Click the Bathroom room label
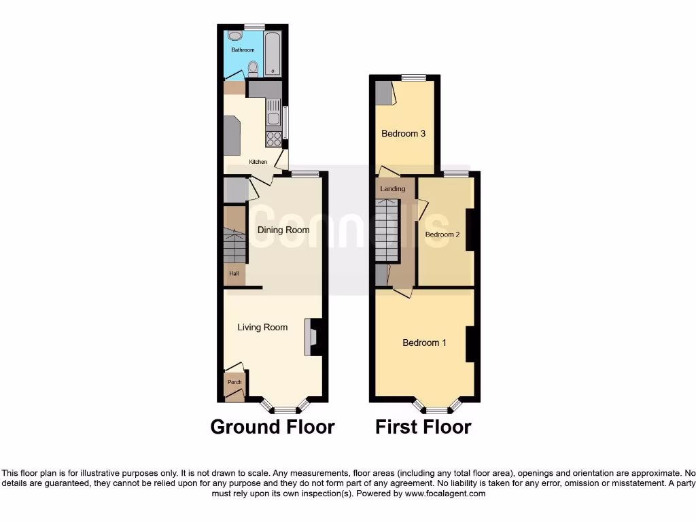click(243, 50)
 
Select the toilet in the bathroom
click(253, 67)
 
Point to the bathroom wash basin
click(234, 35)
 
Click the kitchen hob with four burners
click(274, 139)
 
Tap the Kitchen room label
click(258, 162)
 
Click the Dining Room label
click(283, 230)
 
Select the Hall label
click(234, 274)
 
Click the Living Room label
click(262, 327)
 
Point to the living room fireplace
click(315, 337)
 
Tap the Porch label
click(234, 382)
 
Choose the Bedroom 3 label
click(403, 133)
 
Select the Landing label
click(393, 189)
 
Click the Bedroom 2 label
click(442, 234)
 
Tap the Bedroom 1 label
click(424, 343)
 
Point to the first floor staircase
click(387, 230)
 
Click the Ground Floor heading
click(273, 427)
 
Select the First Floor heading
click(423, 427)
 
